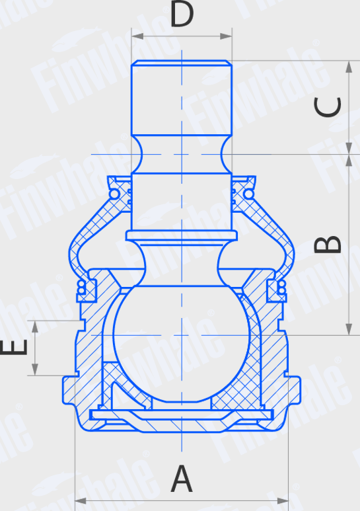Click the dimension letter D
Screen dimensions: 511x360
(x=182, y=15)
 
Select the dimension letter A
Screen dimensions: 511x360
(x=182, y=479)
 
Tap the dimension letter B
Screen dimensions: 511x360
(x=328, y=244)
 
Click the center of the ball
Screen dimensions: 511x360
(x=182, y=334)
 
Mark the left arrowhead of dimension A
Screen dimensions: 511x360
(x=78, y=500)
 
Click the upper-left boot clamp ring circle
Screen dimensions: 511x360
(x=116, y=193)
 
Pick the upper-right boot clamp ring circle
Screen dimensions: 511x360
(x=248, y=193)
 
